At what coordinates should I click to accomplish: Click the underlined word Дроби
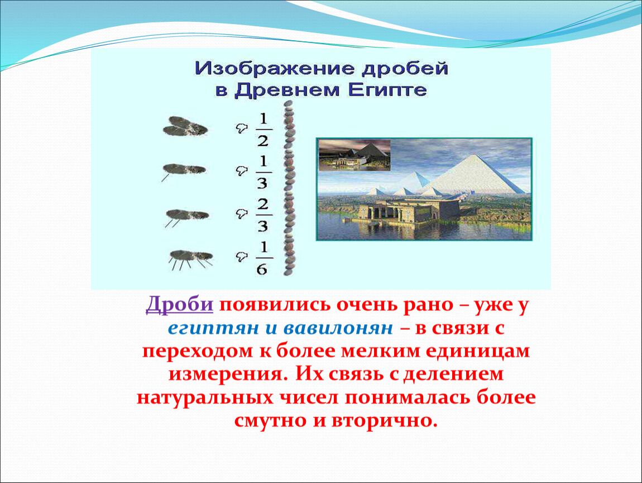tap(179, 304)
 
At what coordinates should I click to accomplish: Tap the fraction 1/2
tap(263, 130)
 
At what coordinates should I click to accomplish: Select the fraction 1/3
tap(263, 172)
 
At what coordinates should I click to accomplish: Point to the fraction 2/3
tap(263, 215)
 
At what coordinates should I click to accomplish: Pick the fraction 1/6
tap(263, 258)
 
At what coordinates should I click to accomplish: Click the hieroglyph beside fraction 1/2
tap(242, 129)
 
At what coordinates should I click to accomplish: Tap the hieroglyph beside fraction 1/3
tap(242, 171)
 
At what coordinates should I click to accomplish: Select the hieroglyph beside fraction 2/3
tap(242, 213)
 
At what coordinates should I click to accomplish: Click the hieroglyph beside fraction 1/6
tap(242, 257)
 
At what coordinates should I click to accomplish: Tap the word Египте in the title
tap(387, 90)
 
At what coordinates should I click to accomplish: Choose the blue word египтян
tap(213, 328)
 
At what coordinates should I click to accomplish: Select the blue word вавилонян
tap(338, 328)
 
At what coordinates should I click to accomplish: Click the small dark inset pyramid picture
tap(354, 155)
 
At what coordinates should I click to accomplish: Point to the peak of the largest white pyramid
tap(475, 154)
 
